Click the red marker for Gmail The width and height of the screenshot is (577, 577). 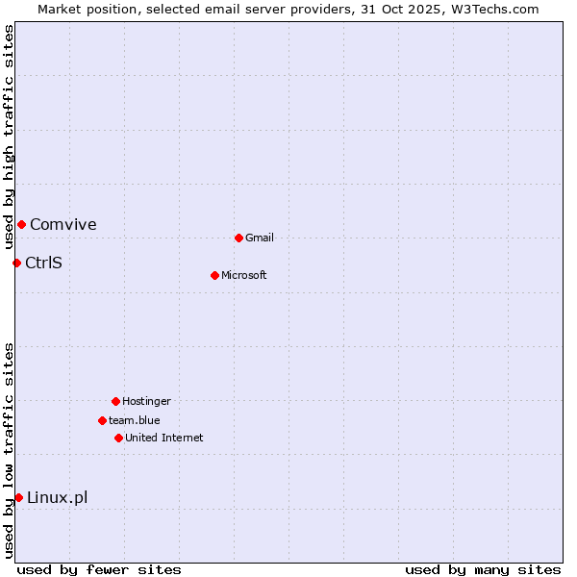pos(238,238)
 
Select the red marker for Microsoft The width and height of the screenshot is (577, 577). pos(214,275)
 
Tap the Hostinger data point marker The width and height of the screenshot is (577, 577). pos(115,401)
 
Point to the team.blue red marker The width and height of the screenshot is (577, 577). pos(102,420)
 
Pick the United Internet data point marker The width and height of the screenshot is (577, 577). pos(118,438)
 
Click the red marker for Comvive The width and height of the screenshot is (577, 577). pos(21,224)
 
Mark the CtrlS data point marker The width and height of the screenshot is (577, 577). pos(16,263)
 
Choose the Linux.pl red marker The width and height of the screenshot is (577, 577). pos(18,497)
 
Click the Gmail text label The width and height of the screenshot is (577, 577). pos(260,238)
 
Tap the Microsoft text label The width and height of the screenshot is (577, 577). pos(244,275)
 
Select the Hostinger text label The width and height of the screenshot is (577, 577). pos(146,401)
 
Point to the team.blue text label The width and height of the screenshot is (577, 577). pos(135,420)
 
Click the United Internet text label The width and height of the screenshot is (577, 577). pos(164,438)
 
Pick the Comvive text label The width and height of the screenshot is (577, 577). pos(63,224)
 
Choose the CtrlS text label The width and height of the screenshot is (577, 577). pos(43,263)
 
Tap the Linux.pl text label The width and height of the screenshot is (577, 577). pos(58,497)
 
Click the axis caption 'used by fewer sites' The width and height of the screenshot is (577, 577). pos(99,569)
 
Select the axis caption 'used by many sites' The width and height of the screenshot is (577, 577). pos(483,569)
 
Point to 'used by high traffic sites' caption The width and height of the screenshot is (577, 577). pos(9,137)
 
